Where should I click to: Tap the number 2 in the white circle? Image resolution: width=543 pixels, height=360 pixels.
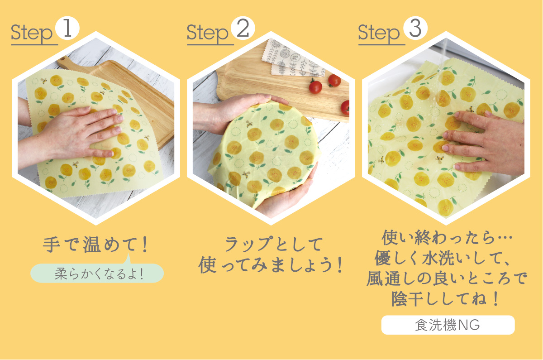click(x=243, y=29)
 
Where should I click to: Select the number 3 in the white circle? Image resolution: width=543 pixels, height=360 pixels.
click(x=415, y=29)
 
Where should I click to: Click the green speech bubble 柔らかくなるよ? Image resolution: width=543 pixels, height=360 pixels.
click(x=97, y=274)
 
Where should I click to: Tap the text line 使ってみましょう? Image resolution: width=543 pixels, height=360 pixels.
click(x=271, y=265)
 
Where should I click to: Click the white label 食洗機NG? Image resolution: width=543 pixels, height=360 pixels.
click(x=448, y=325)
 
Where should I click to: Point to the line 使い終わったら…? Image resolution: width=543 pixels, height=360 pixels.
click(x=447, y=238)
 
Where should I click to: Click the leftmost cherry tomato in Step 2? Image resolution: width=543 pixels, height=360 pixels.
click(x=315, y=86)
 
